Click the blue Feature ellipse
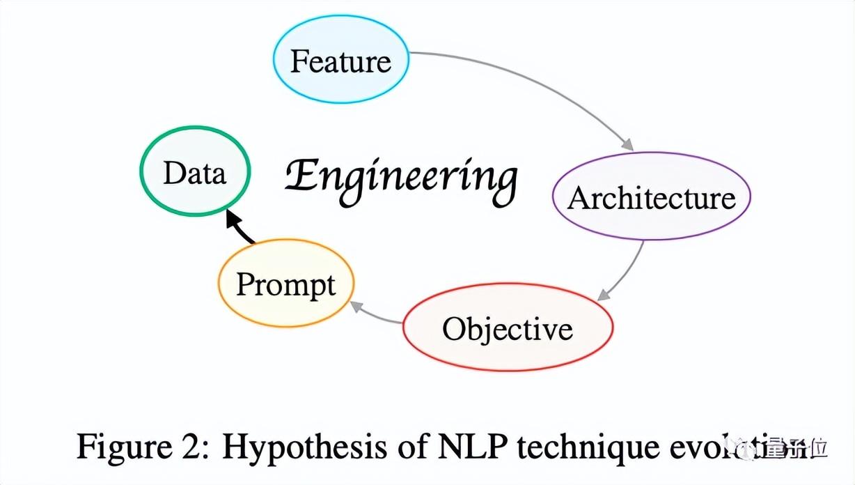pos(340,61)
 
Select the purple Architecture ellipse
pos(651,197)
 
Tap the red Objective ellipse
pos(508,328)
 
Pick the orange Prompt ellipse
pos(285,284)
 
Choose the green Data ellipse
pos(194,172)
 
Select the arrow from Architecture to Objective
pos(631,268)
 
